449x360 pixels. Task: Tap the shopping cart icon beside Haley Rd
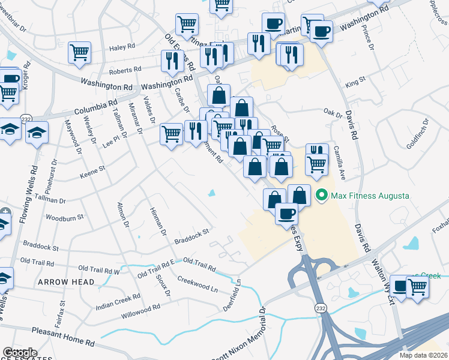pos(79,53)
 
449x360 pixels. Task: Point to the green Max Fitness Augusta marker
pos(322,195)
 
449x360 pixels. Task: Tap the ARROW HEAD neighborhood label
pos(66,282)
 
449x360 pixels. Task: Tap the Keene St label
pos(93,172)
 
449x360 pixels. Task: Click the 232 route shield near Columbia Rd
pos(26,117)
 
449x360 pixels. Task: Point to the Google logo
pos(20,353)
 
